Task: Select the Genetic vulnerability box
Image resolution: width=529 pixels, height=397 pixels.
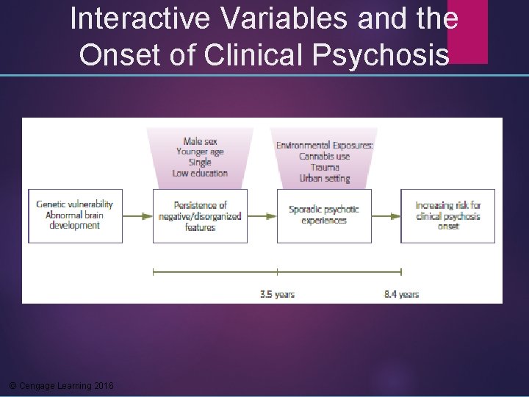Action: tap(75, 215)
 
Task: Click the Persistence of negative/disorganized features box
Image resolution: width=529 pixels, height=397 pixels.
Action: tap(200, 216)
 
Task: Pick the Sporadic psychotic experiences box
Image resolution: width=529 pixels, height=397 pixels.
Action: tap(323, 215)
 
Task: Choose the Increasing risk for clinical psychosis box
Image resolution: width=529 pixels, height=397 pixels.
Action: tap(447, 216)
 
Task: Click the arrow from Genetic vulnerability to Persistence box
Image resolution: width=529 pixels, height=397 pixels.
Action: tap(137, 216)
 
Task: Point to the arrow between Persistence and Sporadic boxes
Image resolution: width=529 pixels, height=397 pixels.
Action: tap(262, 216)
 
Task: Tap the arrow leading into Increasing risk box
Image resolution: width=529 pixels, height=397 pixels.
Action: tap(386, 216)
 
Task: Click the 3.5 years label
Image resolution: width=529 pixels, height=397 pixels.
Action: tap(277, 294)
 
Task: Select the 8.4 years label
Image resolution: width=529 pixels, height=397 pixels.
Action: tap(401, 294)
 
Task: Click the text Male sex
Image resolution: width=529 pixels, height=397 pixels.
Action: tap(200, 141)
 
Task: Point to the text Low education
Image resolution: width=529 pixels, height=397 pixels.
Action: tap(200, 174)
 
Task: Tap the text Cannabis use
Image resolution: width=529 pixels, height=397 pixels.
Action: tap(324, 156)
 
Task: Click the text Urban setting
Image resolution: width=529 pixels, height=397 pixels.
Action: tap(324, 178)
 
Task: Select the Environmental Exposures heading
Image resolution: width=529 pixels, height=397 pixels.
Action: tap(324, 146)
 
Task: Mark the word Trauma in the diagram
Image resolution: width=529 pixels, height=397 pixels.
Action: tap(324, 167)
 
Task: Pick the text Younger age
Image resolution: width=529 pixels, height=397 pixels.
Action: tap(200, 151)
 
